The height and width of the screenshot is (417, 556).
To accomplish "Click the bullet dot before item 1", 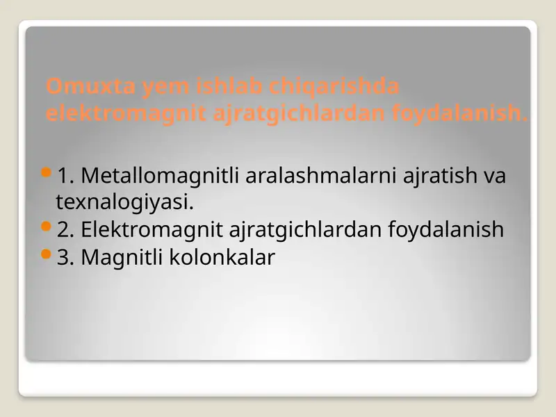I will click(47, 171).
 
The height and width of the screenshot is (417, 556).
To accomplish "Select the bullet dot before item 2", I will click(47, 225).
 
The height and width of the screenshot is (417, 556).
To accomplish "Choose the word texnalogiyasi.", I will click(123, 203).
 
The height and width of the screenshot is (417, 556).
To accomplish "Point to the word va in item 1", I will click(495, 176).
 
